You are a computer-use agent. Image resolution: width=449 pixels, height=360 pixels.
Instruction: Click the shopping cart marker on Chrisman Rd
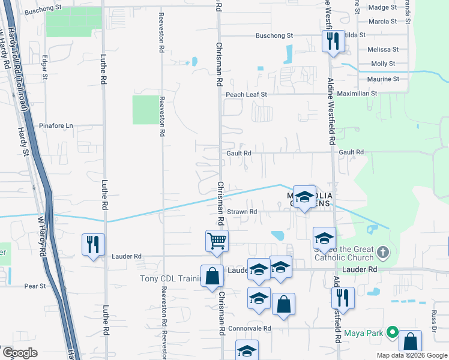217,241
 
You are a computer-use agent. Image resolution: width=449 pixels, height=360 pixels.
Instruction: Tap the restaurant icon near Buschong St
333,41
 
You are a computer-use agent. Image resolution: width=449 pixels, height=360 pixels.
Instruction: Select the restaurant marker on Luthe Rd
93,244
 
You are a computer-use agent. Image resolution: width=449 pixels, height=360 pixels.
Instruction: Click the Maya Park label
364,332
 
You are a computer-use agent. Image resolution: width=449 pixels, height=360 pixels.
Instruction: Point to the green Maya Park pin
393,331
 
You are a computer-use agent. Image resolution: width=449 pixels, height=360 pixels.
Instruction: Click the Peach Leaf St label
246,94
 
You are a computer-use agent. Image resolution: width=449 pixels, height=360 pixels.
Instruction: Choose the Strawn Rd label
243,212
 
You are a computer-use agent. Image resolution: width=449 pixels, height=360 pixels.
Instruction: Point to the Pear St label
35,286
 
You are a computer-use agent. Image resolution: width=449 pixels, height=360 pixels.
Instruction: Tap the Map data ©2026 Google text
411,355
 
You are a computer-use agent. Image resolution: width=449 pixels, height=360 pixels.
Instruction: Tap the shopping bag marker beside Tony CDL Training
212,277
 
